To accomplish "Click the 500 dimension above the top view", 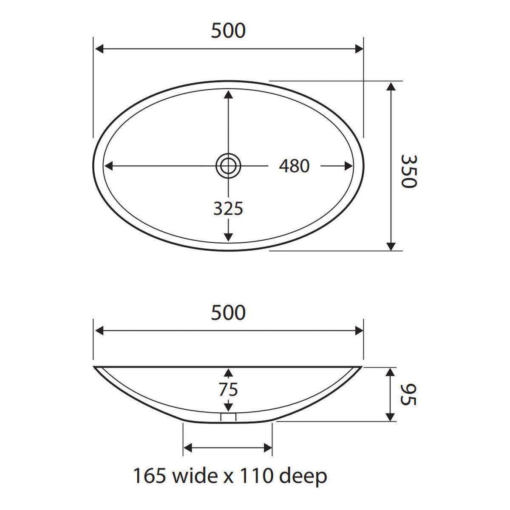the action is pyautogui.click(x=228, y=31).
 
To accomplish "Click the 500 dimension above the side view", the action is pyautogui.click(x=228, y=312).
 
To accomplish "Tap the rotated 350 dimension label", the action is pyautogui.click(x=409, y=171).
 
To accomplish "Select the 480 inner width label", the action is pyautogui.click(x=294, y=166).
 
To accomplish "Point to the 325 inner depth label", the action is pyautogui.click(x=228, y=209).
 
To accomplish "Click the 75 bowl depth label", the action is pyautogui.click(x=228, y=390).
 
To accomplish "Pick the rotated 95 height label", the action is pyautogui.click(x=408, y=394).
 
